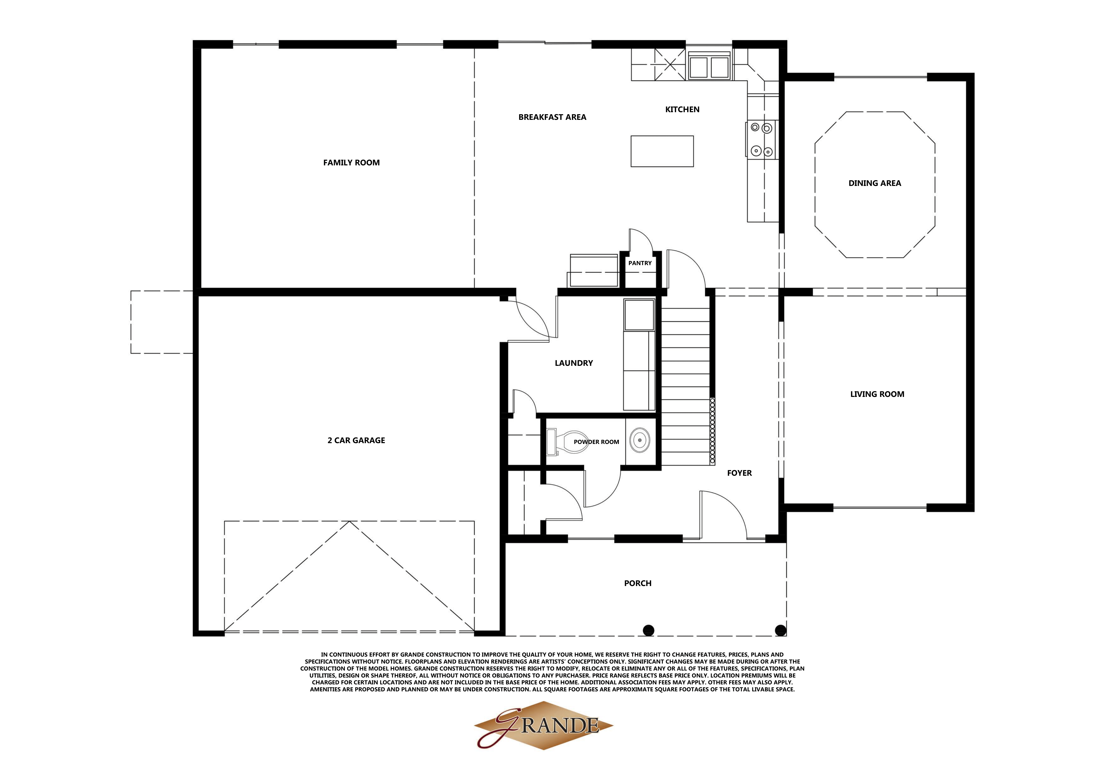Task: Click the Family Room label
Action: (351, 163)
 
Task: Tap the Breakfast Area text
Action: (552, 117)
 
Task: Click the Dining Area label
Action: (874, 183)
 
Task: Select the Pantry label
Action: (640, 263)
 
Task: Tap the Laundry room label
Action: (574, 363)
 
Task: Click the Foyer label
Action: (739, 473)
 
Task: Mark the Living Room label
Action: (877, 394)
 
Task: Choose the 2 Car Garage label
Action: (356, 440)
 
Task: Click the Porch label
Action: (638, 583)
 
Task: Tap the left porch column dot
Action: (649, 630)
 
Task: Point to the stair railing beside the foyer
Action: (712, 431)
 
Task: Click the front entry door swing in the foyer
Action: (722, 514)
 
